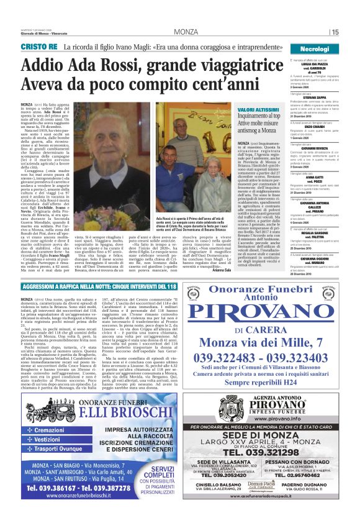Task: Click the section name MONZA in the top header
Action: pos(186,32)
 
